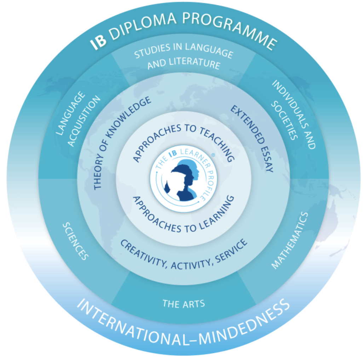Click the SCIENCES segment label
[75, 241]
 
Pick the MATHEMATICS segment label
[290, 240]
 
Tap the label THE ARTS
[184, 304]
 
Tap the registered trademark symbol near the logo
[213, 155]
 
